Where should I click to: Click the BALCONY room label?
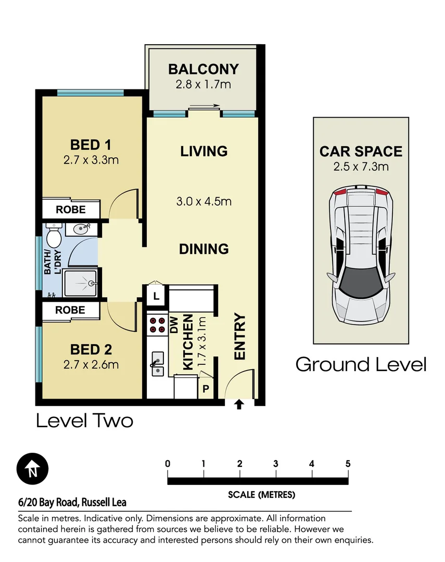pyautogui.click(x=204, y=69)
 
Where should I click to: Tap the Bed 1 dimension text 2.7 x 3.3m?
pyautogui.click(x=91, y=160)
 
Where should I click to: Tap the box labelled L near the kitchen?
pyautogui.click(x=156, y=298)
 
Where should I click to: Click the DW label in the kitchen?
pyautogui.click(x=174, y=325)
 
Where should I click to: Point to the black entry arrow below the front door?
pyautogui.click(x=239, y=404)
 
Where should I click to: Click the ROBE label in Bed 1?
pyautogui.click(x=71, y=210)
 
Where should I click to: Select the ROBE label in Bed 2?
pyautogui.click(x=71, y=310)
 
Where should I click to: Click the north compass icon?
pyautogui.click(x=32, y=469)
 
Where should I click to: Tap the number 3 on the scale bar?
pyautogui.click(x=275, y=464)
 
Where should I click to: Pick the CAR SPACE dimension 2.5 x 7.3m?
pyautogui.click(x=361, y=167)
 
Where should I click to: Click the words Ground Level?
pyautogui.click(x=361, y=364)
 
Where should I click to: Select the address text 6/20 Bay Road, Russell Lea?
pyautogui.click(x=72, y=503)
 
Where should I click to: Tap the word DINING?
pyautogui.click(x=204, y=249)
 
